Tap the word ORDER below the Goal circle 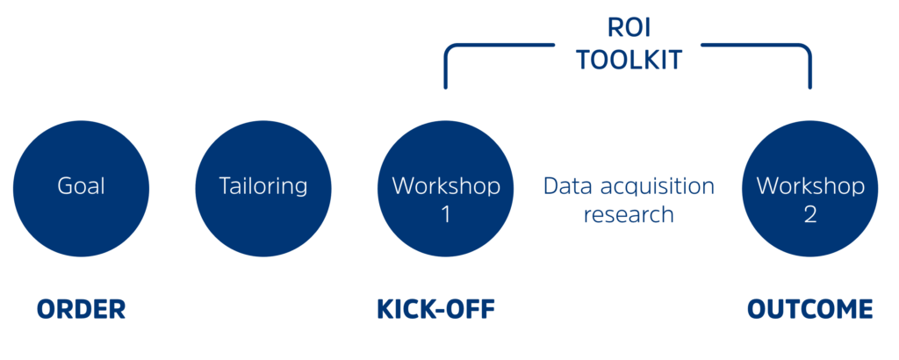[x=81, y=309]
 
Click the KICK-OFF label [x=435, y=309]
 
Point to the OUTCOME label [x=809, y=309]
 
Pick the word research [x=629, y=214]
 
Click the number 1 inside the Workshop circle [x=446, y=213]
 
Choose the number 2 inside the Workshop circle [x=809, y=213]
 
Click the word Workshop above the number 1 [x=446, y=186]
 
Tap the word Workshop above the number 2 [x=809, y=186]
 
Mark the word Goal [x=81, y=186]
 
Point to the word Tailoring [x=263, y=186]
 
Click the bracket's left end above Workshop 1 [x=446, y=84]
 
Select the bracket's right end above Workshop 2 [x=809, y=84]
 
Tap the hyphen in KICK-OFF [x=436, y=310]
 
